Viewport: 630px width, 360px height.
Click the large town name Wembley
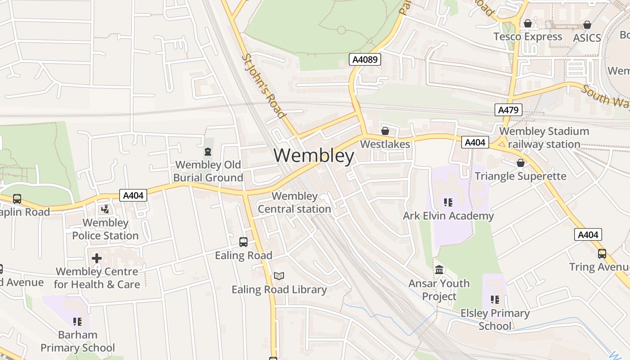[x=314, y=156]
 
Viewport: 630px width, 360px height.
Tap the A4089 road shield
[x=365, y=59]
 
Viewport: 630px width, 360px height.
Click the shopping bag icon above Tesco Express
[x=528, y=23]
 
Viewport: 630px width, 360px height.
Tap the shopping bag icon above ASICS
[x=587, y=25]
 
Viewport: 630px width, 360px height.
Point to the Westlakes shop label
[x=385, y=144]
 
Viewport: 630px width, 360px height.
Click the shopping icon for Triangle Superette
[x=521, y=163]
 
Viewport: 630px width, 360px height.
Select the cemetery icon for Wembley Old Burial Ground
[x=208, y=151]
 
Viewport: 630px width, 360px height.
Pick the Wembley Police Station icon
[x=105, y=209]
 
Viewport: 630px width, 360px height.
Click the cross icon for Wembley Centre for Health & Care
[x=97, y=258]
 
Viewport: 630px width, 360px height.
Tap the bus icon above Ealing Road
[x=243, y=242]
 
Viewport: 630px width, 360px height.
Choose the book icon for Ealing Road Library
[x=279, y=276]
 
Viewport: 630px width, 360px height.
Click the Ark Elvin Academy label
[x=448, y=216]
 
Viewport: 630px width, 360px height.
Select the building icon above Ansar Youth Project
[x=439, y=270]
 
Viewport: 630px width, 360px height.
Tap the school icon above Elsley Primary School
[x=495, y=300]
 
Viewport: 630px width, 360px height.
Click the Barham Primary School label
[x=77, y=342]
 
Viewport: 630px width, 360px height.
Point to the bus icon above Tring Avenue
[x=602, y=254]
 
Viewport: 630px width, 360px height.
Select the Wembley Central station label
[x=294, y=202]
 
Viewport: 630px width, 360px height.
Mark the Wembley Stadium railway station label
[x=544, y=138]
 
